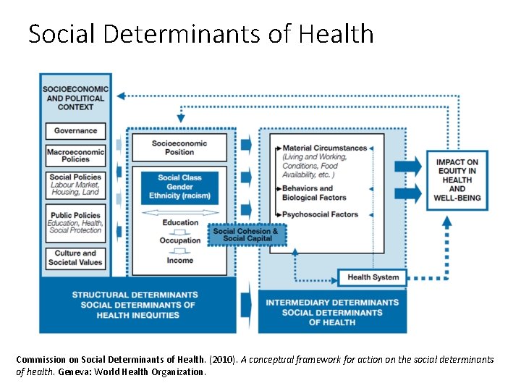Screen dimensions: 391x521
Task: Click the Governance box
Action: (x=75, y=131)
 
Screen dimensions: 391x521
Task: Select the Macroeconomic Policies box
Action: (x=75, y=156)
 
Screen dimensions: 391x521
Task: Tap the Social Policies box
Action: (x=75, y=185)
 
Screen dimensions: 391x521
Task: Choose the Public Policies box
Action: (x=75, y=222)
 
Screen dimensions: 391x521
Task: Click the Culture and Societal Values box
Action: (x=75, y=258)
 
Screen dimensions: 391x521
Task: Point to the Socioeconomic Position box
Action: (x=179, y=148)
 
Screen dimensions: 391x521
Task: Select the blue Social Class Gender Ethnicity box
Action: (x=179, y=187)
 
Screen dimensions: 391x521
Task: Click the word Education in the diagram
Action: (x=180, y=222)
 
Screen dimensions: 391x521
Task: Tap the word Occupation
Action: (x=180, y=240)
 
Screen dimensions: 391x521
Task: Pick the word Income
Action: (x=180, y=260)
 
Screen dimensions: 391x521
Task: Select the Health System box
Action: (x=373, y=277)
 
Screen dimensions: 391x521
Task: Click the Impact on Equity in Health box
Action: (x=457, y=180)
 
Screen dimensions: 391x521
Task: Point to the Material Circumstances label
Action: (x=324, y=148)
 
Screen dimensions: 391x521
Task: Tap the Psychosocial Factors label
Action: (x=320, y=214)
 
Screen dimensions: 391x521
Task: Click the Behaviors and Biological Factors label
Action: (x=314, y=193)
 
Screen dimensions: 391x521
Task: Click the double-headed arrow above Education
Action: (x=180, y=212)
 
